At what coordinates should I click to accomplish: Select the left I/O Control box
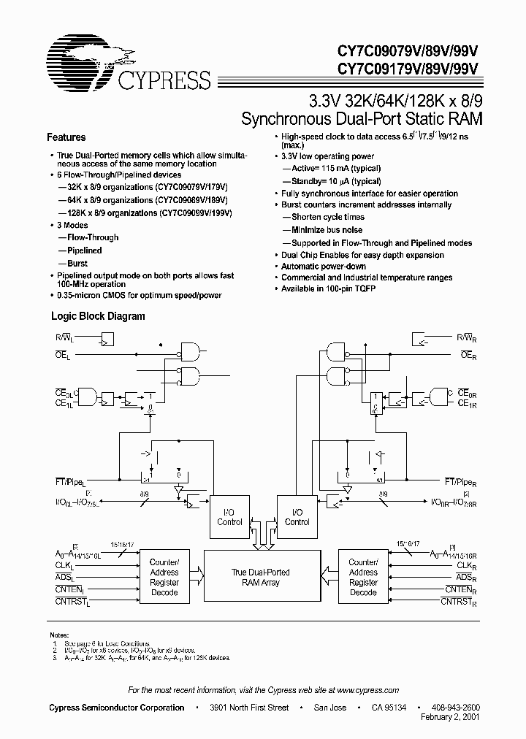229,517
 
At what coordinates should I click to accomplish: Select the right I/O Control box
297,517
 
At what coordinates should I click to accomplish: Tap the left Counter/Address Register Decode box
164,578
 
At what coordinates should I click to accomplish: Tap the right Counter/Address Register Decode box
363,578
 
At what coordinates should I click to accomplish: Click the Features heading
66,137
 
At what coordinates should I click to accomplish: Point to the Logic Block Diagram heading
97,316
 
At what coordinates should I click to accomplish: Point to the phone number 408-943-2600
455,708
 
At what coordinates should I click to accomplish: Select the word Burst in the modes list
77,264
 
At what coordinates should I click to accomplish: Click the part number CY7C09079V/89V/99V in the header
407,52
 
